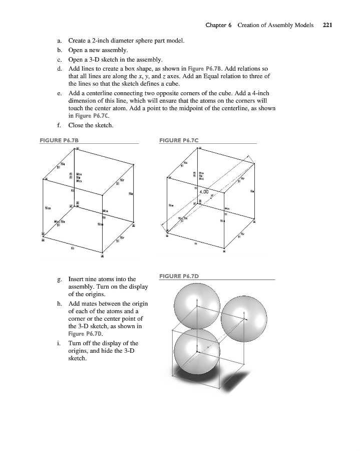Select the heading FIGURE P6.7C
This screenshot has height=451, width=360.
(x=178, y=140)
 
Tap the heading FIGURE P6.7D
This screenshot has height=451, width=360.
(x=178, y=276)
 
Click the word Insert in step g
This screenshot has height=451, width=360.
(x=77, y=279)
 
